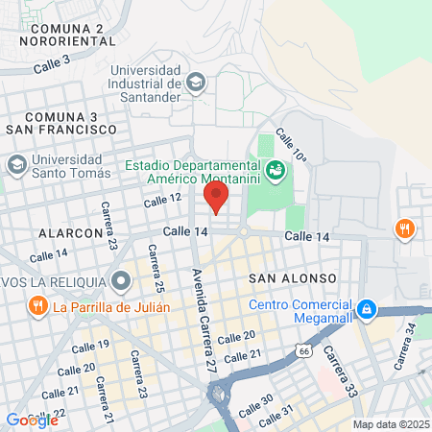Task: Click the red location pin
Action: [x=216, y=197]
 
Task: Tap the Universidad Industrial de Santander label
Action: [x=145, y=84]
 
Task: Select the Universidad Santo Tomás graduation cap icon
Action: [x=16, y=165]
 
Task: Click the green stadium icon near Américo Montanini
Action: [x=276, y=170]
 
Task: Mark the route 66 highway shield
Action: [x=304, y=351]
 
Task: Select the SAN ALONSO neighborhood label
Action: [x=292, y=277]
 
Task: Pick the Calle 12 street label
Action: [x=162, y=199]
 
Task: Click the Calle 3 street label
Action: [x=52, y=64]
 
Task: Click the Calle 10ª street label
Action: [x=293, y=145]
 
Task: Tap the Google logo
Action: [x=32, y=420]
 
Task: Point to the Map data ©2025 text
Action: [x=389, y=424]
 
